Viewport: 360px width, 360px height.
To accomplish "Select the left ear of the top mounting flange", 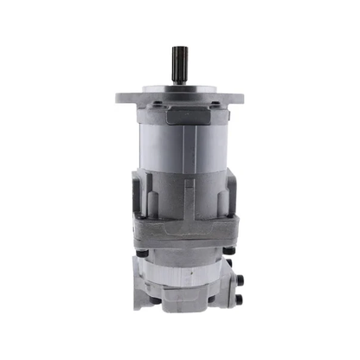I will click(124, 94).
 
